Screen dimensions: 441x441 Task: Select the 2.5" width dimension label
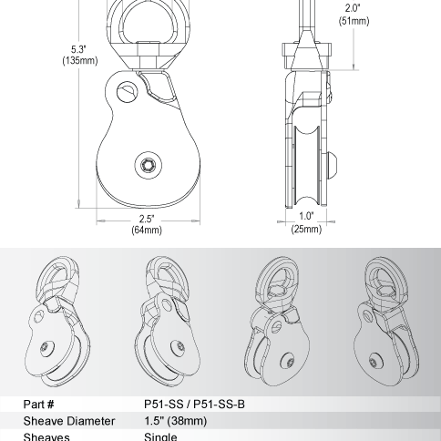pos(147,219)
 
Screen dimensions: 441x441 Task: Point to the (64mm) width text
pos(147,231)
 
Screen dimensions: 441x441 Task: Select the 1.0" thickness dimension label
pos(305,217)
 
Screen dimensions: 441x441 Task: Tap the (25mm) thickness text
pos(305,230)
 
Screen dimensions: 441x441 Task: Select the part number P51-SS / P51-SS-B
pos(194,404)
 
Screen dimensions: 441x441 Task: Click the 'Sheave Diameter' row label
pos(67,421)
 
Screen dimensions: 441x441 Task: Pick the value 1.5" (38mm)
pos(176,421)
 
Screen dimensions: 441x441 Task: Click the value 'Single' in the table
pos(160,436)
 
